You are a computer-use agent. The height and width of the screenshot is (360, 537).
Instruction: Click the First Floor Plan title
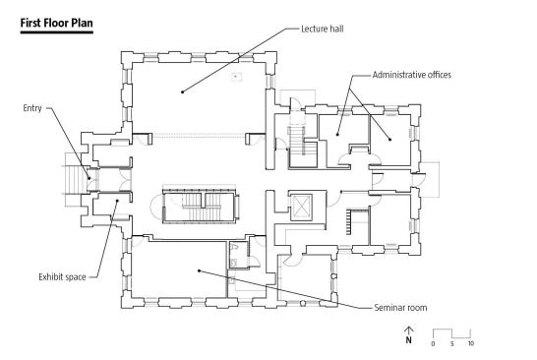click(x=56, y=23)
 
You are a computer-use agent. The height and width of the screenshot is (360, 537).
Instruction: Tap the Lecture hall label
click(x=323, y=29)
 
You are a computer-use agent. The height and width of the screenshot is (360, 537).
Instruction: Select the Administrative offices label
click(x=412, y=75)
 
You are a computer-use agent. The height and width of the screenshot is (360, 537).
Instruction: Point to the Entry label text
click(x=32, y=108)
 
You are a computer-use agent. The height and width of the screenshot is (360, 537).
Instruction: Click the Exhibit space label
click(x=62, y=276)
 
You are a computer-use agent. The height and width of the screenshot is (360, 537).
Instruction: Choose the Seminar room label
click(x=400, y=308)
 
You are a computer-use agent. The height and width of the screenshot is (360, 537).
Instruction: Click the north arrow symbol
click(x=408, y=330)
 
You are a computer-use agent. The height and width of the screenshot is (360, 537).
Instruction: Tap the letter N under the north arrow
click(x=408, y=339)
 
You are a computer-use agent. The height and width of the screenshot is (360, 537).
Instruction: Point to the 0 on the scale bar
click(x=433, y=343)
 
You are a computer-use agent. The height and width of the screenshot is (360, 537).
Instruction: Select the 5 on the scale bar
click(x=452, y=343)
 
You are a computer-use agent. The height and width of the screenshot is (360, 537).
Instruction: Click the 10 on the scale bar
click(x=471, y=343)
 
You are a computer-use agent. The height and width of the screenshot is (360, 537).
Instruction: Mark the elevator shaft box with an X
click(x=301, y=207)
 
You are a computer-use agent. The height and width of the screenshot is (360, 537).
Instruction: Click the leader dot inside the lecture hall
click(x=183, y=91)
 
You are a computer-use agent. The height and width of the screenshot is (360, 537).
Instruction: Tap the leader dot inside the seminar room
click(x=199, y=270)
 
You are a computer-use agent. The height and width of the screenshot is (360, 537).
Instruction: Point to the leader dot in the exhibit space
click(x=117, y=201)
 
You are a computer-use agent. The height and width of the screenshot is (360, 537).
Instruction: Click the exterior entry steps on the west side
click(x=76, y=180)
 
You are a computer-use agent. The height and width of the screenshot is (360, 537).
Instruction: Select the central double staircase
click(x=200, y=206)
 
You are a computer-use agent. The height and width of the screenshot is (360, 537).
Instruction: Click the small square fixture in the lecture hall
click(x=236, y=77)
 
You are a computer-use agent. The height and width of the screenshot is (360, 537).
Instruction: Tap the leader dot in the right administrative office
click(x=389, y=139)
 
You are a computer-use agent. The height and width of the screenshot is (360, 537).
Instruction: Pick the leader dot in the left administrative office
click(x=337, y=135)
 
